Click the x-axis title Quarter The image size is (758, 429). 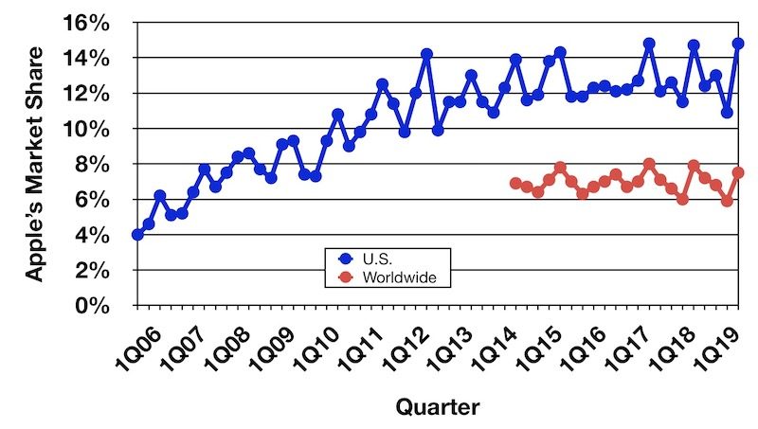pos(437,408)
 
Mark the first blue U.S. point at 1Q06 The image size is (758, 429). pos(137,234)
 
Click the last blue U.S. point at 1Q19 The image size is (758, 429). pos(738,44)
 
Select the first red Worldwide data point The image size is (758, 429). pos(515,184)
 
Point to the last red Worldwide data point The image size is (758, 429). pos(738,172)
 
